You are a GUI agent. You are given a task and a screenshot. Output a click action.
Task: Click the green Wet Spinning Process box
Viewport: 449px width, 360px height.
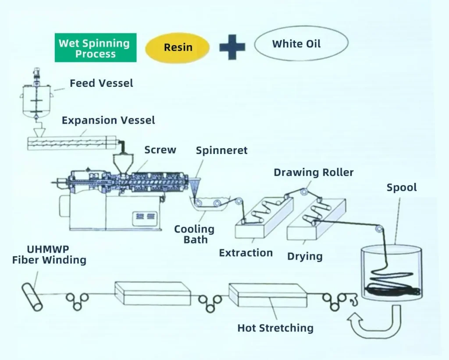point(96,47)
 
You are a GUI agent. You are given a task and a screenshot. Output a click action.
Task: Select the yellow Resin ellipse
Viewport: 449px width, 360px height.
point(178,47)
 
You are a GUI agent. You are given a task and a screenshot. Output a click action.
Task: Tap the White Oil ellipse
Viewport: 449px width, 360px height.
point(301,43)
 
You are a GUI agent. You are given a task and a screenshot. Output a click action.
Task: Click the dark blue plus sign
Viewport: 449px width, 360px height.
point(232,47)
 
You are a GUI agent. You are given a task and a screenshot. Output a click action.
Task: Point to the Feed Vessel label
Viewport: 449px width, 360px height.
point(101,83)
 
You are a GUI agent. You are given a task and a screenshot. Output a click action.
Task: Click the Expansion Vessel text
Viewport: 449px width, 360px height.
point(108,120)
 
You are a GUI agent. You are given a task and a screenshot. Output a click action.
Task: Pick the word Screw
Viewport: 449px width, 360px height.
point(160,150)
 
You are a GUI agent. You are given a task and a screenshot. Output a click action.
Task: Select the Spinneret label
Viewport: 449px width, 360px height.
point(221,151)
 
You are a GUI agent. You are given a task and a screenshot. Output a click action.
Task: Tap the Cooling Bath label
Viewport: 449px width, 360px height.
point(194,234)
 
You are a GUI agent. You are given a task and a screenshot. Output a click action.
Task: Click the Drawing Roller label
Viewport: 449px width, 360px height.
point(314,172)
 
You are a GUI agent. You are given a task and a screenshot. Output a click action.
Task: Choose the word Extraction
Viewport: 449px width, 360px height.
point(246,253)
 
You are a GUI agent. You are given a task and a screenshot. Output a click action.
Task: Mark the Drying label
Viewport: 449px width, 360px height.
point(305,257)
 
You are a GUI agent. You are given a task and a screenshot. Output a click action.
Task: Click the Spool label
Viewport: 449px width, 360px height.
point(402,188)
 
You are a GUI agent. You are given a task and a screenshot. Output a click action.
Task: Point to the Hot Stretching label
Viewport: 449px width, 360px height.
point(275,328)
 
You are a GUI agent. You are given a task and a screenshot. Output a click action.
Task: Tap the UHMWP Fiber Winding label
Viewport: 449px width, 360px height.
point(49,255)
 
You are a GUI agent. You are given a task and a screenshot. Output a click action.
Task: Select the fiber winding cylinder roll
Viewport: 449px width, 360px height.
point(32,297)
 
